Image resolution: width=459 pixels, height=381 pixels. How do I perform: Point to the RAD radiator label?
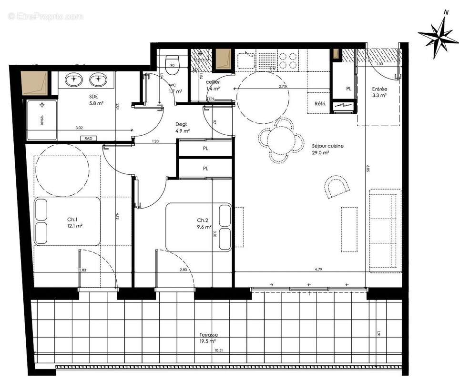(x=88, y=139)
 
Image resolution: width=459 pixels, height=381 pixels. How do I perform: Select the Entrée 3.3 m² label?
(x=379, y=92)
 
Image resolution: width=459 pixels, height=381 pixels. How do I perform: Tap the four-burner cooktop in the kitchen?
(x=288, y=60)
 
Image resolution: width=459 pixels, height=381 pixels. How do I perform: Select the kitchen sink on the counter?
(x=246, y=60)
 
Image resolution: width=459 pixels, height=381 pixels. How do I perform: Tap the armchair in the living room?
(x=337, y=187)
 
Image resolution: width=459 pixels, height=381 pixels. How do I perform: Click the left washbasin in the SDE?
(x=74, y=79)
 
